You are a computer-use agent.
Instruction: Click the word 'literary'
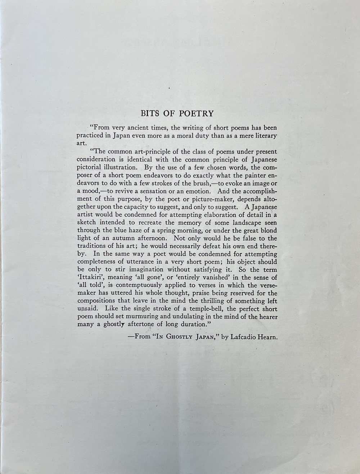264,136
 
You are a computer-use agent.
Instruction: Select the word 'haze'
135,231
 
